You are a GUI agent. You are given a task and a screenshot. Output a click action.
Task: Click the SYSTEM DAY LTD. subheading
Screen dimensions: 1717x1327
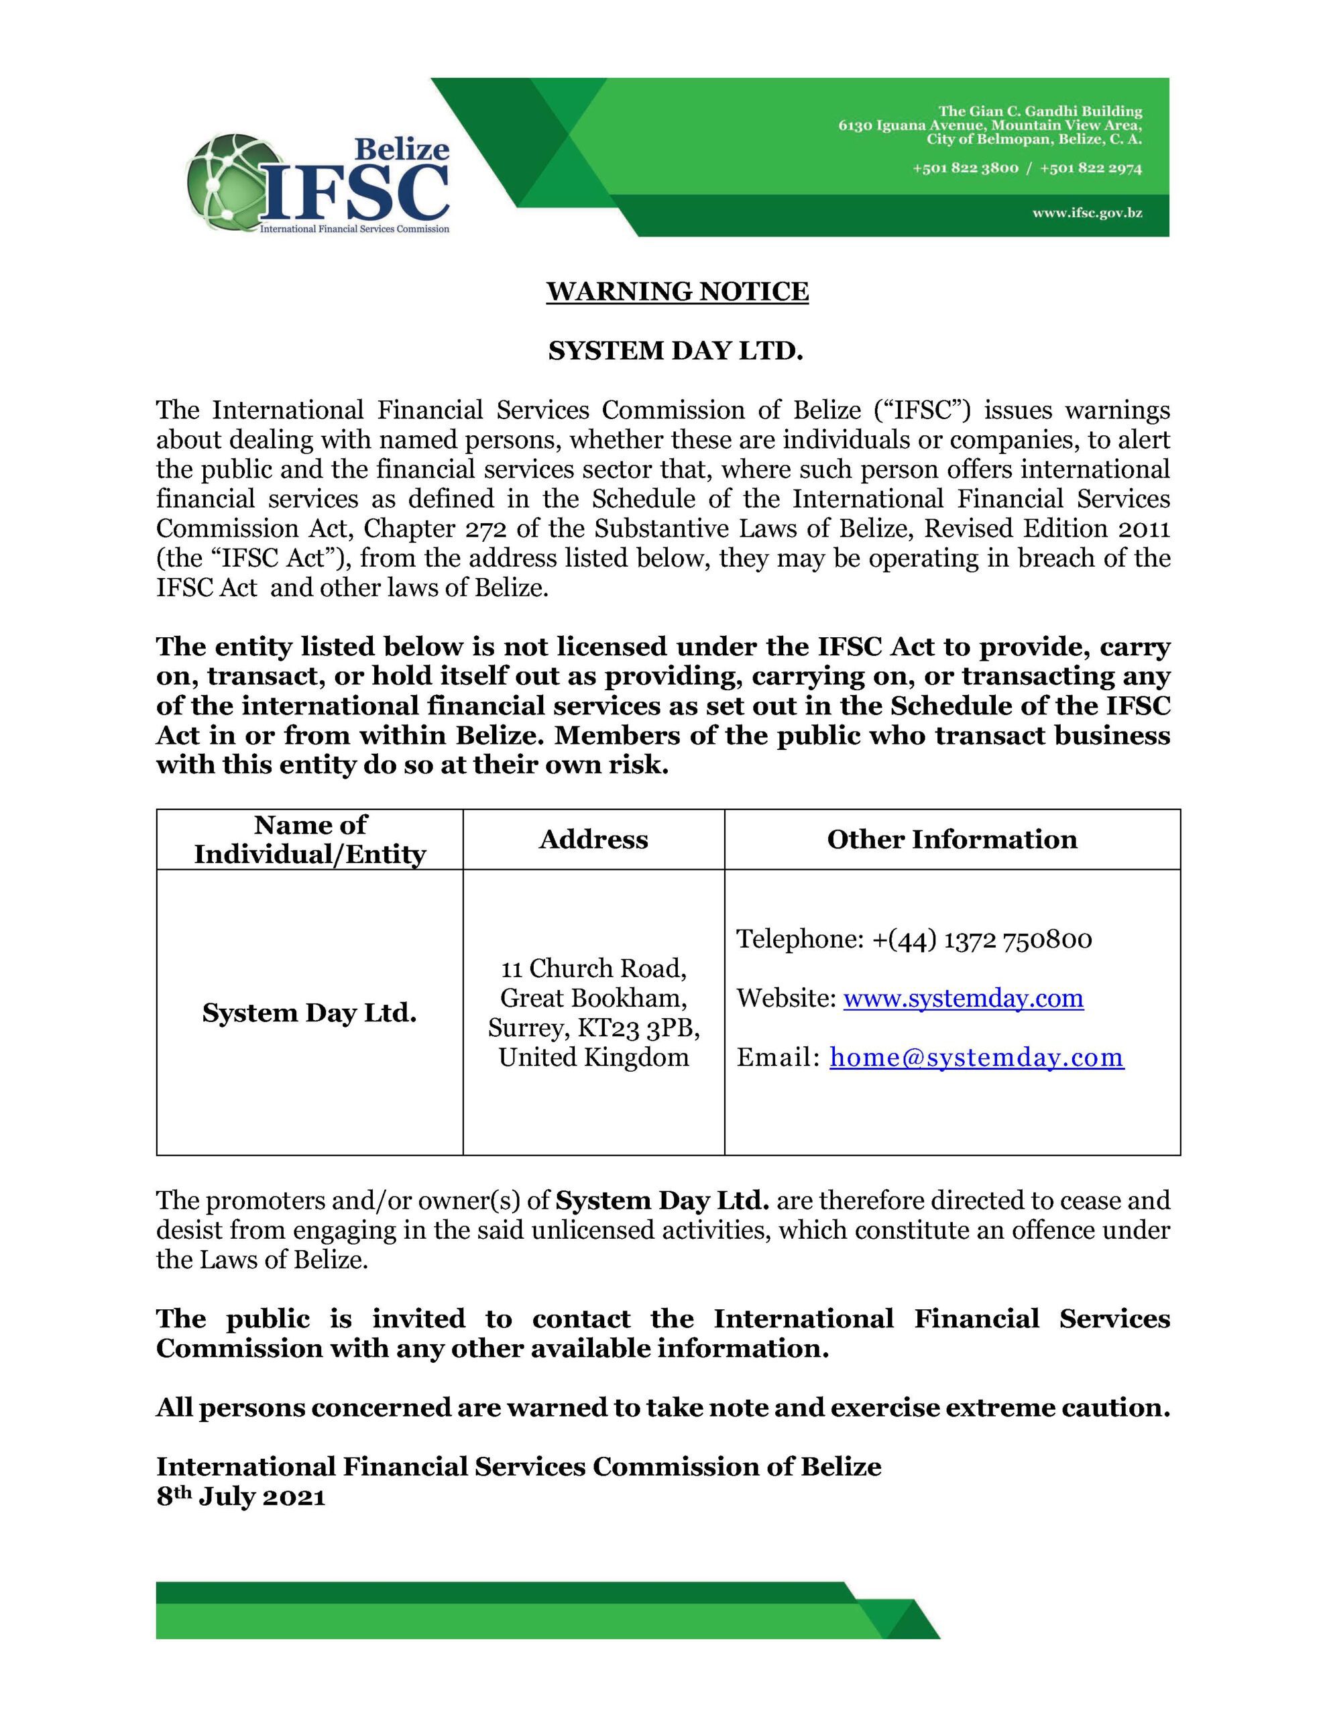click(x=675, y=351)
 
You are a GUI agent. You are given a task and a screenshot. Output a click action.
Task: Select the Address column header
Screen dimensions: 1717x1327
click(x=593, y=840)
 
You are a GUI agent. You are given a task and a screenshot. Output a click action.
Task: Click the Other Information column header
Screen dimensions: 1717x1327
click(x=951, y=840)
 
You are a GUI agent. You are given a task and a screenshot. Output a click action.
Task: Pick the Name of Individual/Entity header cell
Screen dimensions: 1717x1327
click(x=310, y=840)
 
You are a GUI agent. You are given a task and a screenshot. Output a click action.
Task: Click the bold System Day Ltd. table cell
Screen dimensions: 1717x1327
click(x=309, y=1013)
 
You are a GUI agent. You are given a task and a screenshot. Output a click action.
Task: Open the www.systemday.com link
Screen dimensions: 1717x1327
click(x=963, y=999)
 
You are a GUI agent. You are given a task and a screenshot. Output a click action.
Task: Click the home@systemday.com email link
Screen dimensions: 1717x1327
click(x=976, y=1058)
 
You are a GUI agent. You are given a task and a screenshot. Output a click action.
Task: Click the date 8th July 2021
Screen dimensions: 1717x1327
click(x=241, y=1496)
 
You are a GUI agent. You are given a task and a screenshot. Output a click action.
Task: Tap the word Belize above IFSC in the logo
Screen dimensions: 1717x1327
click(x=402, y=149)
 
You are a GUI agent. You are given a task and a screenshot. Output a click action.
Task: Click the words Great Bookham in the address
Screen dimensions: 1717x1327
click(x=593, y=999)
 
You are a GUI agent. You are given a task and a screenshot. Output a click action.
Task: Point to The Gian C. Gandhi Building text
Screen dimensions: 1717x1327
click(x=1040, y=111)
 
